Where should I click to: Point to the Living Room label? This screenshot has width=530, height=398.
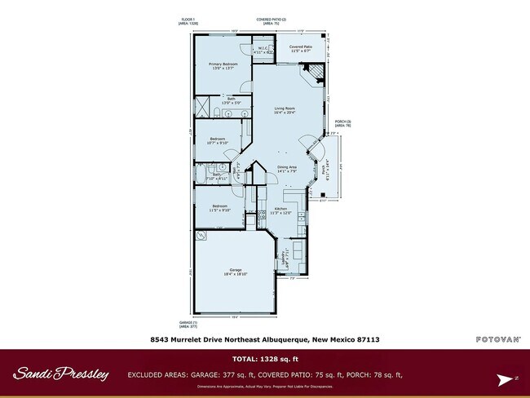(285, 110)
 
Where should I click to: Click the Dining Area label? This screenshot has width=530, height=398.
(286, 169)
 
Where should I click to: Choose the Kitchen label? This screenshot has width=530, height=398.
(281, 210)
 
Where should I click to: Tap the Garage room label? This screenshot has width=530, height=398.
(235, 272)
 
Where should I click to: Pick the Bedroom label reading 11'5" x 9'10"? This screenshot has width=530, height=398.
(219, 207)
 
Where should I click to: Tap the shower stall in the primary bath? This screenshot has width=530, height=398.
(201, 107)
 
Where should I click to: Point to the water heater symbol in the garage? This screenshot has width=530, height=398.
(201, 237)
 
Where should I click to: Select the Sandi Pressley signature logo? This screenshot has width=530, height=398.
(60, 374)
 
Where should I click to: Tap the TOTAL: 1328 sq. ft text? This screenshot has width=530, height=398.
(265, 359)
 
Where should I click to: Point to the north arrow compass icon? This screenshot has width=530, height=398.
(504, 378)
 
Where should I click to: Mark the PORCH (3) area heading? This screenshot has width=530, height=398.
(342, 123)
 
